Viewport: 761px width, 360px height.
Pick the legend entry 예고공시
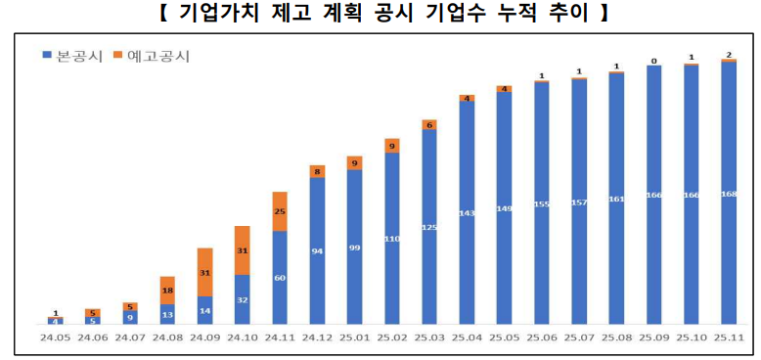pos(153,55)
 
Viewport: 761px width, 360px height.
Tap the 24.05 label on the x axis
pos(55,337)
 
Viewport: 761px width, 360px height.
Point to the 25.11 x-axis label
pos(729,337)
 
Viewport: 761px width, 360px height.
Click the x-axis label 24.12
pos(317,337)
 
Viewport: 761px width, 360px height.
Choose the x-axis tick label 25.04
pos(467,337)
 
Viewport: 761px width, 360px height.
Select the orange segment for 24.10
pos(242,250)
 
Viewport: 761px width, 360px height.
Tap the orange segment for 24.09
pos(204,272)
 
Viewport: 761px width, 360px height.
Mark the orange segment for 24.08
pos(167,291)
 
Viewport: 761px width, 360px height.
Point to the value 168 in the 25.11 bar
pos(729,194)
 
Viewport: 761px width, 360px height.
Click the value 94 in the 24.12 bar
pos(317,251)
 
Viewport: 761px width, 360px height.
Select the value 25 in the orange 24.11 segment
pos(280,211)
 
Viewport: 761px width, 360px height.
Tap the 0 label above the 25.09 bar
pos(653,61)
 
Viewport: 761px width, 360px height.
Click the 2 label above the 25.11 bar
pos(729,55)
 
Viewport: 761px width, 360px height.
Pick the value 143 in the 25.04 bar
pos(467,212)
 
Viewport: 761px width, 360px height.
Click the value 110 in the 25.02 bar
pos(392,239)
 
